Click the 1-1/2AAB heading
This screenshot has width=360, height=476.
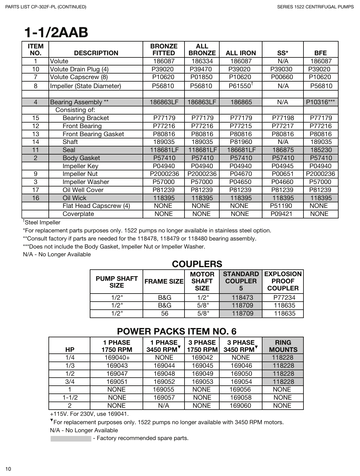pyautogui.click(x=56, y=33)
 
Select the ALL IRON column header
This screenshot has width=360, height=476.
pyautogui.click(x=241, y=53)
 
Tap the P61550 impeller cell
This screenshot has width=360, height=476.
pyautogui.click(x=240, y=86)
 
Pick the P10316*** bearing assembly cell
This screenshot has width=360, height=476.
pyautogui.click(x=321, y=102)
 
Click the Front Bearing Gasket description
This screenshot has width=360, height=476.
pyautogui.click(x=93, y=134)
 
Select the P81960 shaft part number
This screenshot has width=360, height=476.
pyautogui.click(x=241, y=142)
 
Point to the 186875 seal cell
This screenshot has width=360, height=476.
pyautogui.click(x=283, y=150)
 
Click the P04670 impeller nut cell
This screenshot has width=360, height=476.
pyautogui.click(x=241, y=174)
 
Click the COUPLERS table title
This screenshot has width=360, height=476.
pyautogui.click(x=197, y=264)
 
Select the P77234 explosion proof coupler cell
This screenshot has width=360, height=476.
pyautogui.click(x=284, y=298)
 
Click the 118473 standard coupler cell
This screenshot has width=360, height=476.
pyautogui.click(x=242, y=298)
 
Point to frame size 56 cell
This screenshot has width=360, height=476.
pyautogui.click(x=164, y=313)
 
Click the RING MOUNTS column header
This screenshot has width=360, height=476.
pyautogui.click(x=283, y=346)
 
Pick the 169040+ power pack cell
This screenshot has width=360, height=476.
pyautogui.click(x=117, y=357)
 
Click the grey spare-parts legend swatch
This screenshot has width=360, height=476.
pyautogui.click(x=71, y=438)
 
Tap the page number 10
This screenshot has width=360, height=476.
pyautogui.click(x=8, y=469)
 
